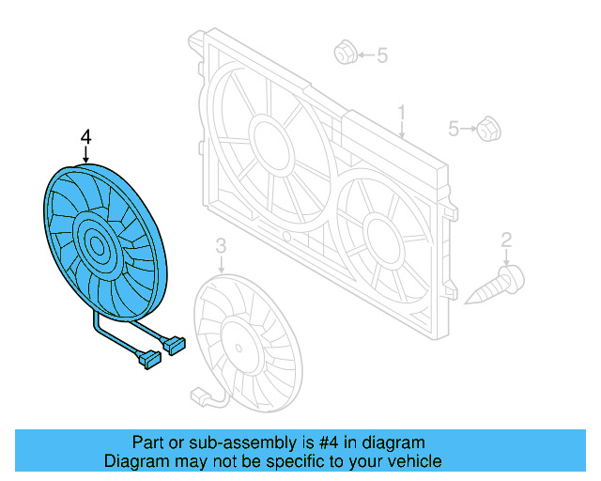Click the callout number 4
(86, 138)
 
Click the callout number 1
(401, 115)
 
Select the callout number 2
(506, 240)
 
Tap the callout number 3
(221, 246)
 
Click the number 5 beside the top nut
(382, 56)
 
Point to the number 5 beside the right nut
(454, 128)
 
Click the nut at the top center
(344, 54)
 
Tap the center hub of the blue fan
(98, 248)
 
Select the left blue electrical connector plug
(148, 358)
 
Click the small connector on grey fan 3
(199, 396)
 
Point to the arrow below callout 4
(86, 156)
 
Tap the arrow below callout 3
(221, 263)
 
